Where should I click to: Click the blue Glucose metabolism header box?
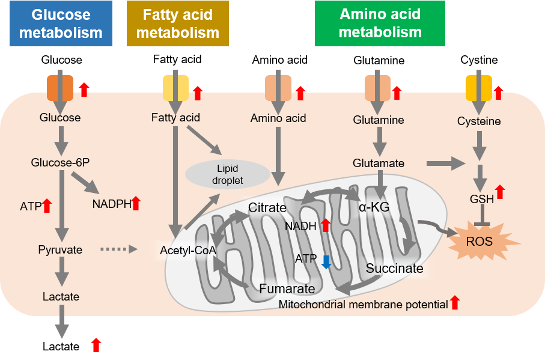point(61,23)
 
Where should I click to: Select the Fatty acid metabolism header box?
point(178,23)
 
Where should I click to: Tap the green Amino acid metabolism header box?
point(380,23)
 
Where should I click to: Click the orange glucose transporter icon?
point(60,88)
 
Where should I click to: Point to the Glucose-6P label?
point(60,162)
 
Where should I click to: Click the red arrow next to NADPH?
point(136,203)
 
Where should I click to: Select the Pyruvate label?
point(60,249)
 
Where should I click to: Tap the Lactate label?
point(61,296)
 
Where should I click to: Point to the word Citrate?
point(267,208)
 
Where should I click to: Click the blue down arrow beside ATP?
point(326,261)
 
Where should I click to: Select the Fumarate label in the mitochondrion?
point(287,289)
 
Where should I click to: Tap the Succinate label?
point(394,268)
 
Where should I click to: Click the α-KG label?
point(374,207)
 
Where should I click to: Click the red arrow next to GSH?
point(500,192)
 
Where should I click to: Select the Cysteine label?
point(480,121)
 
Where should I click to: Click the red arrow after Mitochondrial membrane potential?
point(455,303)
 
